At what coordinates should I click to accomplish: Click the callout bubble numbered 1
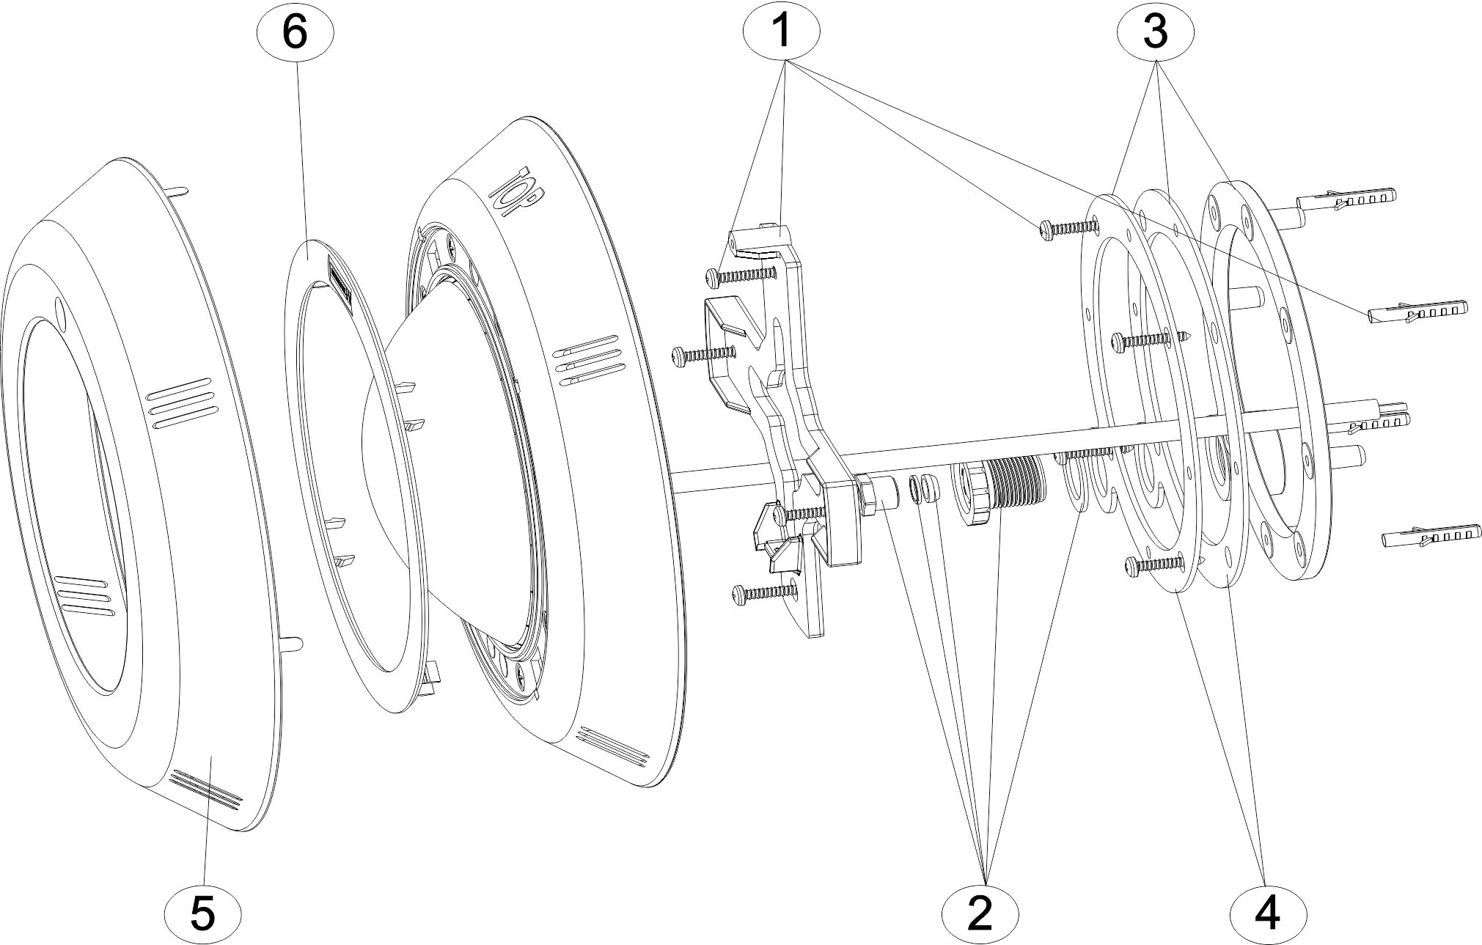(781, 32)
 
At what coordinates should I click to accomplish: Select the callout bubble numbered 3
(1155, 32)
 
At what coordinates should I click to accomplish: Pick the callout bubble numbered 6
(295, 33)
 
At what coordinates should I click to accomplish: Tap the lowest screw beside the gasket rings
(1153, 564)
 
